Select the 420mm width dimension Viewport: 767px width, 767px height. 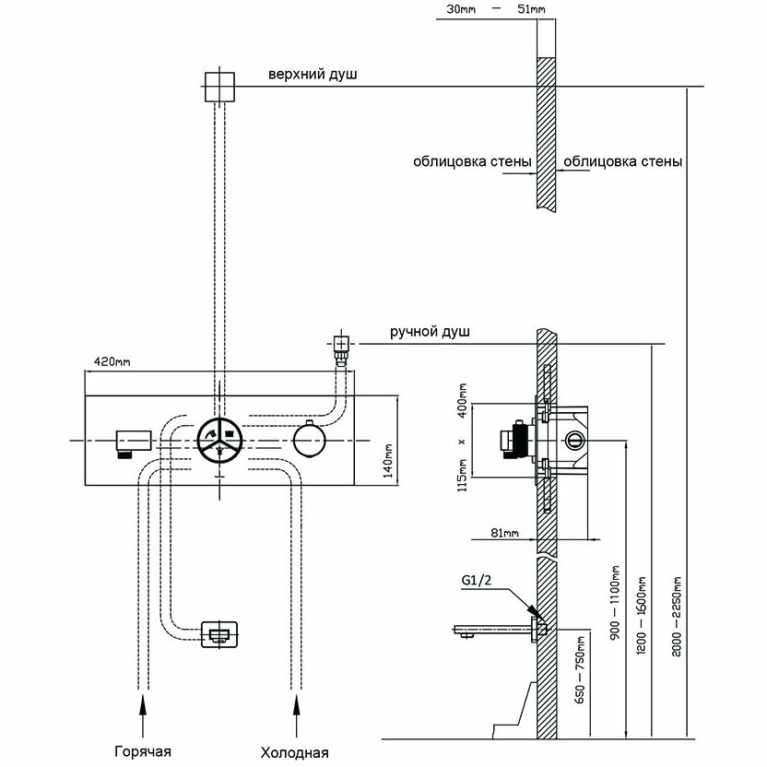pos(107,361)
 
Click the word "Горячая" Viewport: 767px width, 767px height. pos(144,750)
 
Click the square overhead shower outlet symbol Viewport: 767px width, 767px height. pos(218,86)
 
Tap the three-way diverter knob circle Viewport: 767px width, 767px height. pos(219,441)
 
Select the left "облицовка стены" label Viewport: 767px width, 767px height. pos(472,161)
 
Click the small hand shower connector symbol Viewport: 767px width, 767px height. pos(341,349)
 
